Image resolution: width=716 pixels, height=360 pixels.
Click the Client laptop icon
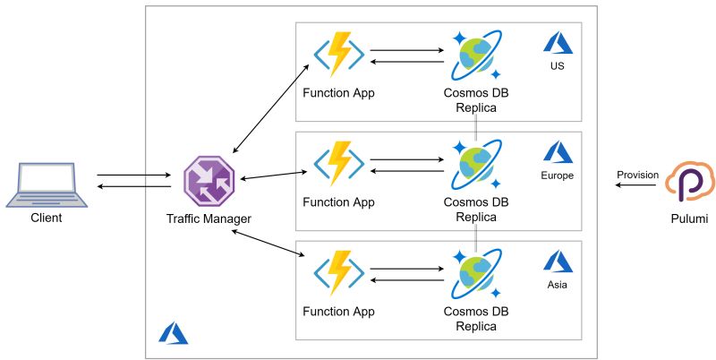point(47,183)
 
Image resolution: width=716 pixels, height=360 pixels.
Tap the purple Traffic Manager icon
point(209,181)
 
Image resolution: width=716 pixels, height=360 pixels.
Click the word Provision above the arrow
point(637,175)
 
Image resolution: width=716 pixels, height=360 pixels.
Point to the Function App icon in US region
point(338,56)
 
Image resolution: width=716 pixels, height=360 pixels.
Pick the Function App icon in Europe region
point(338,162)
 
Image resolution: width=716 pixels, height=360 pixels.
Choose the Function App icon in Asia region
point(338,272)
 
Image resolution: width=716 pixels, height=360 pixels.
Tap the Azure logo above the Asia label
point(558,261)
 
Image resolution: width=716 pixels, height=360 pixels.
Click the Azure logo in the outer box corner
point(173,332)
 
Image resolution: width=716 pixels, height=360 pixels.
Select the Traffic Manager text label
point(209,219)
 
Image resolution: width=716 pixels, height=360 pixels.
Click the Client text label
point(47,218)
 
